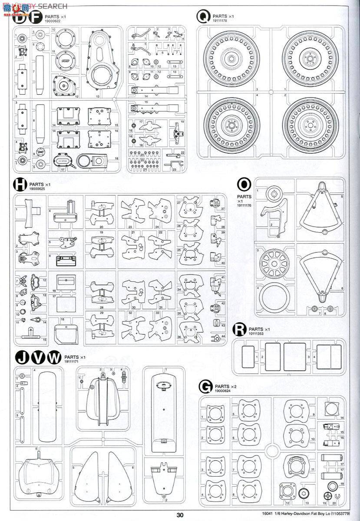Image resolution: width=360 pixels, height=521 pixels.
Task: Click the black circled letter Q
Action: [202, 17]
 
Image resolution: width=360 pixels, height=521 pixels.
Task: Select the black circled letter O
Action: [244, 184]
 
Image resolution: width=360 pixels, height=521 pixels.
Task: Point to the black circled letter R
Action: [240, 330]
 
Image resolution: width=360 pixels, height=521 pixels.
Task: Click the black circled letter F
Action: [36, 17]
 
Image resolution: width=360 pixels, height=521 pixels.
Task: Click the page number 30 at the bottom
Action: [180, 515]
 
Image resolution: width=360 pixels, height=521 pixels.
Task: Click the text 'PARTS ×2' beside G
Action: [226, 386]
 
